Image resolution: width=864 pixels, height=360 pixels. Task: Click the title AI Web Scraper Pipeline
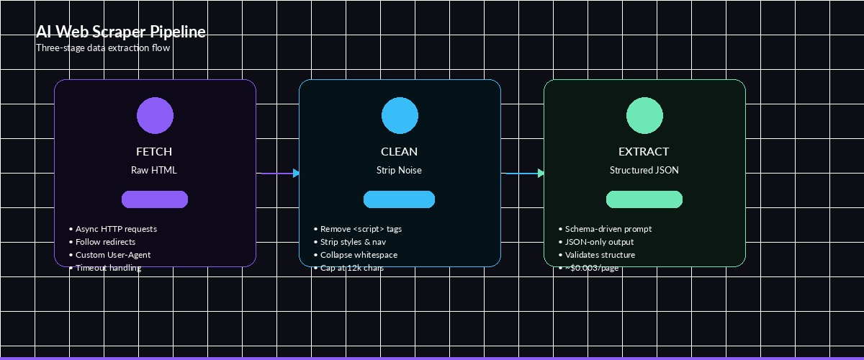click(121, 32)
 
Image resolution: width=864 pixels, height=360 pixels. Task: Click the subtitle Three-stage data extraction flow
click(103, 48)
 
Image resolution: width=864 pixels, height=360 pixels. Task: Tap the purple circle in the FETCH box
click(155, 116)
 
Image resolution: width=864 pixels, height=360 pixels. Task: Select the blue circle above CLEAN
click(400, 116)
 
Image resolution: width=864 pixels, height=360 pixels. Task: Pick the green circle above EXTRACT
click(644, 116)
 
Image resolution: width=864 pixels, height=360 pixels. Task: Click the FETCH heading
click(154, 152)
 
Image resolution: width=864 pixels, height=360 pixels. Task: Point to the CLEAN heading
click(399, 152)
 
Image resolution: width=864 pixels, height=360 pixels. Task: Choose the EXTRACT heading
click(644, 152)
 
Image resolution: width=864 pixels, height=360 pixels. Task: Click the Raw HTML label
click(154, 171)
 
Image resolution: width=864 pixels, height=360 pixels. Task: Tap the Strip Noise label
click(399, 171)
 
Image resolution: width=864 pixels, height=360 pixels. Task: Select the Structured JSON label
click(644, 171)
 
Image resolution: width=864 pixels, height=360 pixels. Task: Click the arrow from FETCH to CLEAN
click(278, 173)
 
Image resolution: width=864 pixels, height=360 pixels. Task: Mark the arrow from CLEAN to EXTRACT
click(523, 173)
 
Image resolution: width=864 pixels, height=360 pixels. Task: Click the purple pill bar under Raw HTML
click(155, 199)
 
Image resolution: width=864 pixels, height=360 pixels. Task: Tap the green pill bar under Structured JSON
click(644, 199)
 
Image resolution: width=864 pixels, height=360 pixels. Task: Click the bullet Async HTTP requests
click(115, 229)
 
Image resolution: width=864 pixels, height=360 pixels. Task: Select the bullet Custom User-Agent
click(112, 255)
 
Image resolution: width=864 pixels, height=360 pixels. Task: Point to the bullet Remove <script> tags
click(360, 229)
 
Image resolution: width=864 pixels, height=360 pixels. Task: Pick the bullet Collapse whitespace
click(358, 255)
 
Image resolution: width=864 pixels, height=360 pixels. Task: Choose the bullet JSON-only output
click(598, 242)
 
